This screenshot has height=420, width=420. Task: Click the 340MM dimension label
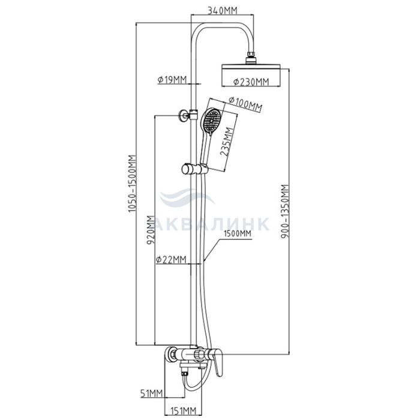pos(223,10)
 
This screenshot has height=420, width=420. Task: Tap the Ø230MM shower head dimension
pos(251,82)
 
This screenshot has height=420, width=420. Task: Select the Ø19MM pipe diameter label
pos(172,80)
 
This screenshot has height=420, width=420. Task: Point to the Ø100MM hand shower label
pos(245,104)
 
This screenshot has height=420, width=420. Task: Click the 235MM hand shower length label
pos(226,142)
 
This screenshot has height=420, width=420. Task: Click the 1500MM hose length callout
pos(238,234)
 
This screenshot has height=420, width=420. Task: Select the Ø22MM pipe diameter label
pos(171,259)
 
